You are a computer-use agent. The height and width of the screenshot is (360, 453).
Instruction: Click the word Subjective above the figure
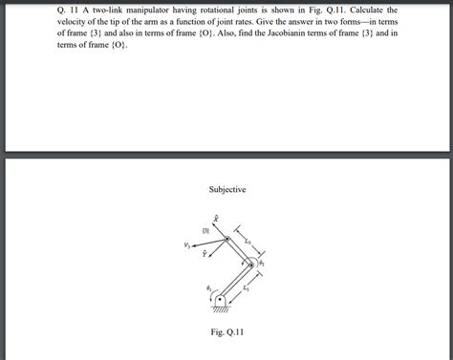point(227,190)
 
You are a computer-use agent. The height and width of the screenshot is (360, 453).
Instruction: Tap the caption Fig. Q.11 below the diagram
point(226,332)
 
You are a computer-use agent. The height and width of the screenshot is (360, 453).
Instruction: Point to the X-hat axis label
point(216,217)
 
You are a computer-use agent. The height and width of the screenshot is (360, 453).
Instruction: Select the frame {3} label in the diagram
point(205,230)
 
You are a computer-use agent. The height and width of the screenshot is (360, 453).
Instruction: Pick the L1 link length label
point(246,287)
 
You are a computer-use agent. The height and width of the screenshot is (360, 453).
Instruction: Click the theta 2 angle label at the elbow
point(262,262)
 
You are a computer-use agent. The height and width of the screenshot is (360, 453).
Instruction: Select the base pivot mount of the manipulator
point(220,300)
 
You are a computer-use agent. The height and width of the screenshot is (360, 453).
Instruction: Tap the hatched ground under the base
point(220,308)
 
